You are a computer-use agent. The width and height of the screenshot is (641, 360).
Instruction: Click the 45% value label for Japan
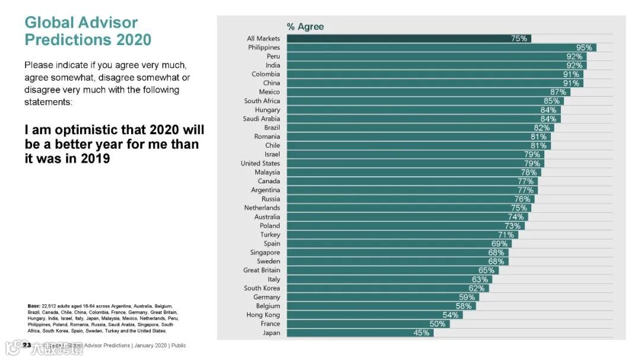click(421, 333)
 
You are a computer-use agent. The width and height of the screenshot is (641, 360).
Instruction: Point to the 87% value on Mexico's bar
click(558, 92)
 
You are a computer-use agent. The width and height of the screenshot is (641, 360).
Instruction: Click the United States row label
click(260, 163)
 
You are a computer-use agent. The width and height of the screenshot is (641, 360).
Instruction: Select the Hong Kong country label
click(263, 315)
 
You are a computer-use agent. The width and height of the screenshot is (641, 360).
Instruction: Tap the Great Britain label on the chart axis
click(261, 270)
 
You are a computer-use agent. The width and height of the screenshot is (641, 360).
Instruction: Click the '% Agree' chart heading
click(305, 27)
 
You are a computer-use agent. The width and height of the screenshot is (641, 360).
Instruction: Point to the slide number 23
click(27, 345)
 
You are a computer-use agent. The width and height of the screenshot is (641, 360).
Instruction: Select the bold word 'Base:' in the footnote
click(34, 305)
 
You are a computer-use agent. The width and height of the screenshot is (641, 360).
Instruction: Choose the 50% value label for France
click(437, 324)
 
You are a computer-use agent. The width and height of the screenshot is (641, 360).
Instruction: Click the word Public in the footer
click(178, 345)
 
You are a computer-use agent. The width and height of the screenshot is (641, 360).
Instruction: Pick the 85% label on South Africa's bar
click(551, 101)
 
